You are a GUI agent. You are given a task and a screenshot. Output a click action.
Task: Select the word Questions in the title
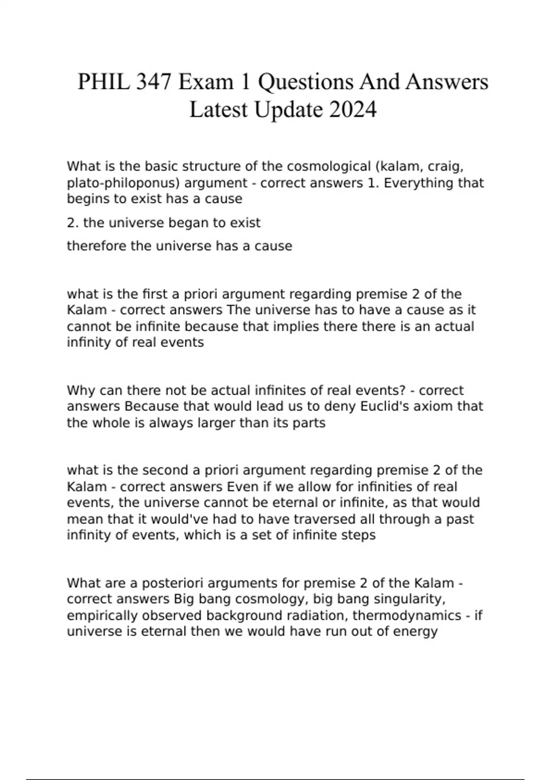[x=306, y=83]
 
